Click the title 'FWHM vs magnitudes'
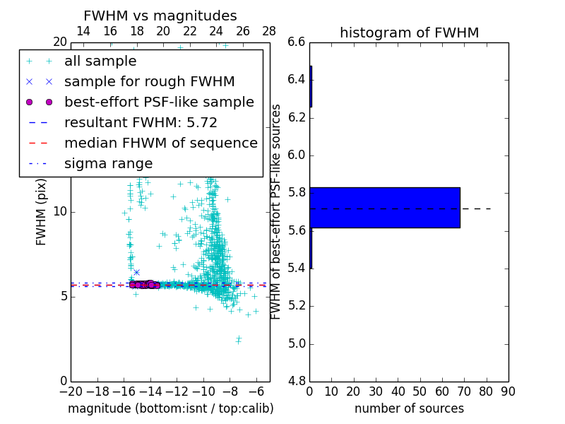(x=160, y=16)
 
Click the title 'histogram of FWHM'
(x=409, y=33)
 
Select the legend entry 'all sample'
(x=100, y=61)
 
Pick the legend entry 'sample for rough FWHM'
(x=149, y=81)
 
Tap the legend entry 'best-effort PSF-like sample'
(x=159, y=102)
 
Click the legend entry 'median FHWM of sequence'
(x=160, y=143)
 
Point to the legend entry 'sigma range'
(x=108, y=163)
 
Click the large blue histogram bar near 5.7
(x=385, y=208)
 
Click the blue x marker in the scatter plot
(x=136, y=272)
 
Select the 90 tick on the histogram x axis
(x=508, y=390)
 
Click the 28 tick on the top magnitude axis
(x=269, y=31)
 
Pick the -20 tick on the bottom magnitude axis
(x=71, y=391)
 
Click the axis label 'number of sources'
(x=409, y=408)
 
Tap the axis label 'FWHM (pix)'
(x=42, y=212)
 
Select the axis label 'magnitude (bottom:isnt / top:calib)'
(x=170, y=408)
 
